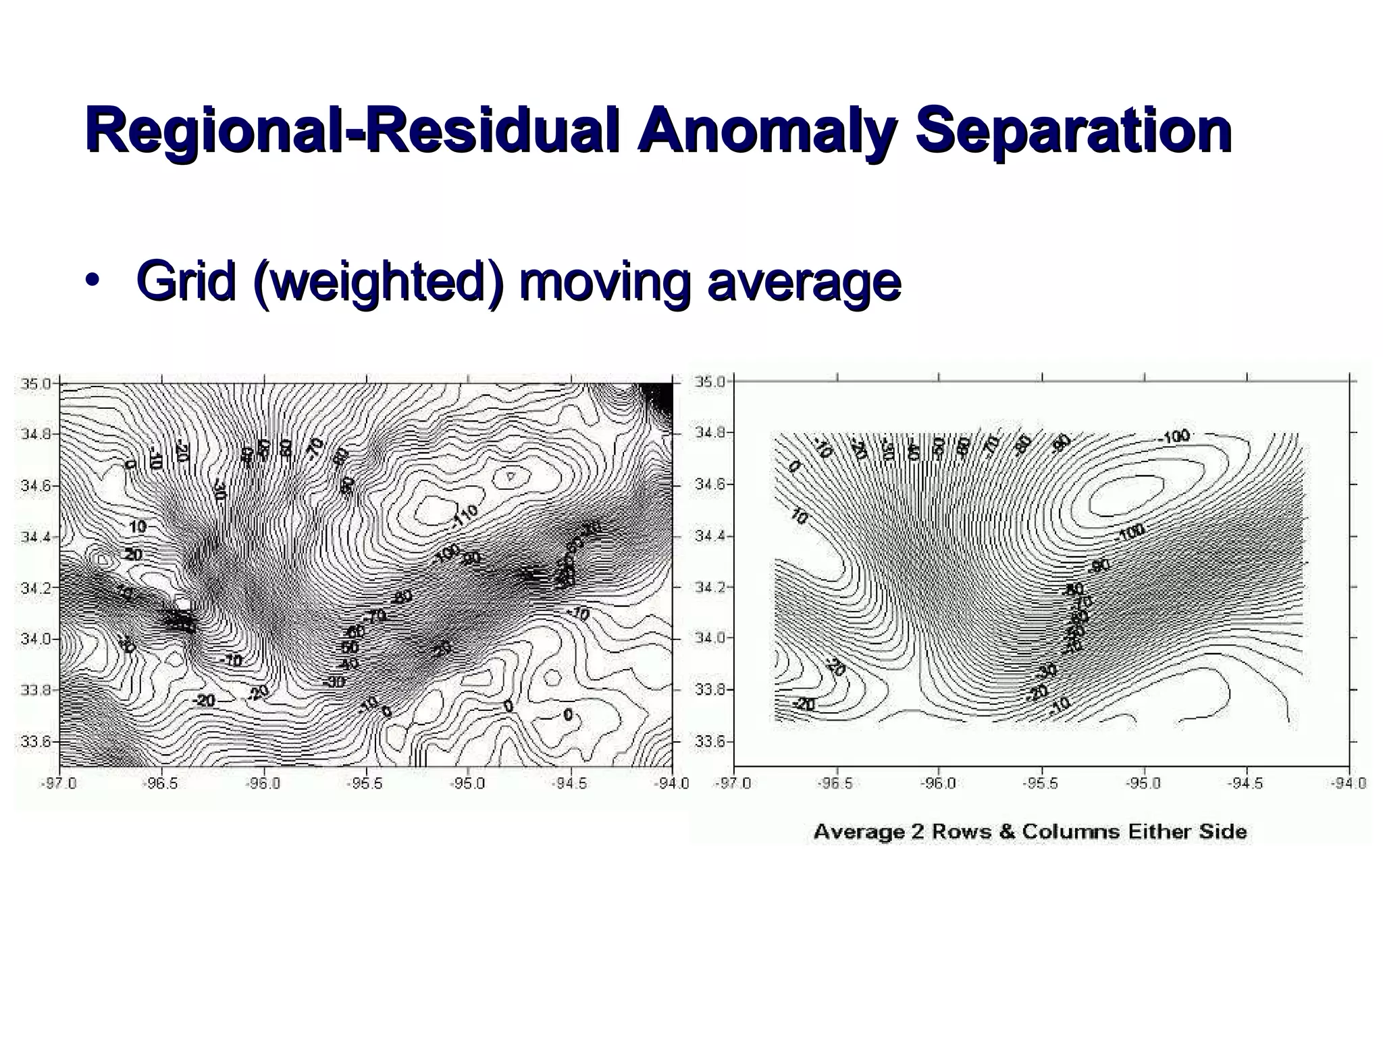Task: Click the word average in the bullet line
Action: click(803, 282)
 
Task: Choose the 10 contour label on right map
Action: click(798, 517)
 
